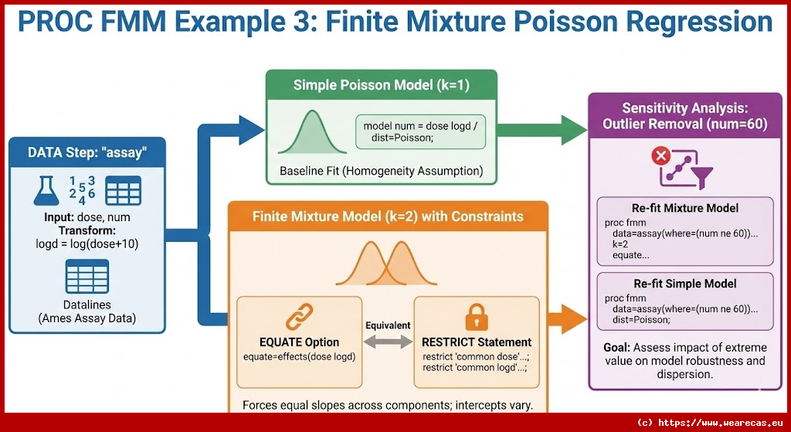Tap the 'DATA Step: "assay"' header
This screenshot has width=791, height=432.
point(87,152)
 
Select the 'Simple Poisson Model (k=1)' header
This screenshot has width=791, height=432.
point(382,85)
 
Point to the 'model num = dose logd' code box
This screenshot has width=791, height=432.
point(420,131)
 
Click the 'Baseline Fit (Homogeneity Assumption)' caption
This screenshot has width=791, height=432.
point(382,171)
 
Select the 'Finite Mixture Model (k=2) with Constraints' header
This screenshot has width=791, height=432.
point(388,216)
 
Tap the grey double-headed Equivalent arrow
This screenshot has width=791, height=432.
point(388,341)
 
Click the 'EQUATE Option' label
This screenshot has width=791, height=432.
point(300,342)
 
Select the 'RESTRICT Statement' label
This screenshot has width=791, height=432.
point(477,342)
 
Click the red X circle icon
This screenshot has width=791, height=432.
point(663,157)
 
